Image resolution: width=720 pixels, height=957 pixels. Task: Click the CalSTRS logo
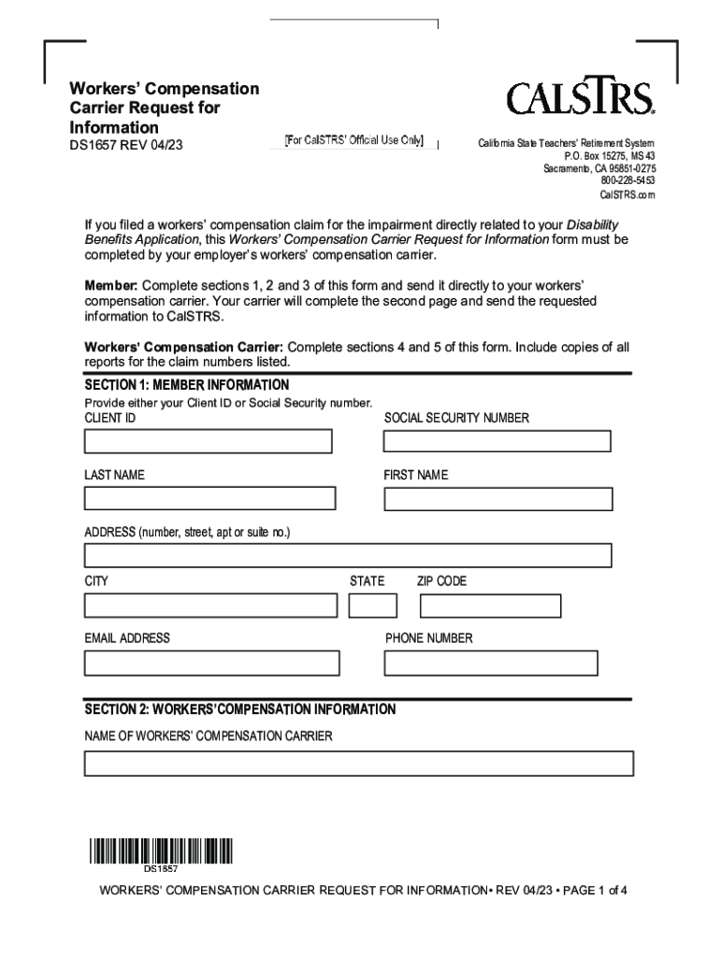[x=581, y=98]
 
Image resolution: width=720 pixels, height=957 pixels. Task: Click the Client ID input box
[x=208, y=441]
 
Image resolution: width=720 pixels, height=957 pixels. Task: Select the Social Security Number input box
[x=497, y=441]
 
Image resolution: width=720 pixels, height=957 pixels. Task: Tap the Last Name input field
[x=209, y=498]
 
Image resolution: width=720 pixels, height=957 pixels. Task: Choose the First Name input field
[x=498, y=498]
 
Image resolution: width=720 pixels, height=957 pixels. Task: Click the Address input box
[x=348, y=555]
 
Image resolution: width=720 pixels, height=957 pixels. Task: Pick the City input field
[x=210, y=606]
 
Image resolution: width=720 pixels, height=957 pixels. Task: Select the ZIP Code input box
[x=490, y=606]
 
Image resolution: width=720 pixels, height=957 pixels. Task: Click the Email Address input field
[x=211, y=663]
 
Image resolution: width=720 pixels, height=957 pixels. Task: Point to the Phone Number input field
[x=491, y=663]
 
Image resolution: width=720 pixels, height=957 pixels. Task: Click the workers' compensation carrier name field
[x=358, y=764]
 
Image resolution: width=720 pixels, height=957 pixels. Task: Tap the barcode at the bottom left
[x=161, y=851]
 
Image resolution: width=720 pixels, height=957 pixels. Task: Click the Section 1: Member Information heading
[x=187, y=385]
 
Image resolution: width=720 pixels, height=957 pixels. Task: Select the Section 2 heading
[x=240, y=709]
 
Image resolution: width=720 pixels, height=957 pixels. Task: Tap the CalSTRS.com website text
[x=626, y=194]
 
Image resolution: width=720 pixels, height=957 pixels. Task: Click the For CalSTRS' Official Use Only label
[x=354, y=141]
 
